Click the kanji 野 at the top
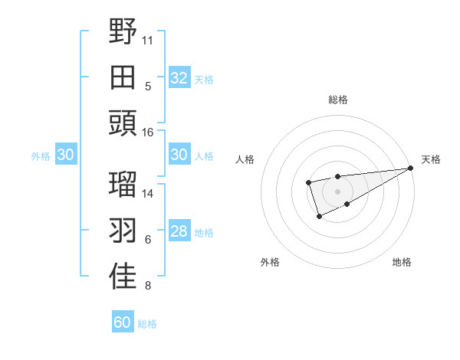point(123,32)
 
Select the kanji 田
point(123,77)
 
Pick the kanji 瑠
point(123,184)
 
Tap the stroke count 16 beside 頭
point(148,132)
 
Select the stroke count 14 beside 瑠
point(148,193)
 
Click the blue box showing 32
point(179,78)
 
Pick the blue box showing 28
point(179,232)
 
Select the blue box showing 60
point(123,322)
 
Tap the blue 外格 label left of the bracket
point(41,156)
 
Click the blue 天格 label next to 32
point(204,80)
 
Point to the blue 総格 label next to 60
point(147,324)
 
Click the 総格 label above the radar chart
point(337,100)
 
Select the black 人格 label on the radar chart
point(246,159)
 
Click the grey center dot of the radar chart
point(337,190)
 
